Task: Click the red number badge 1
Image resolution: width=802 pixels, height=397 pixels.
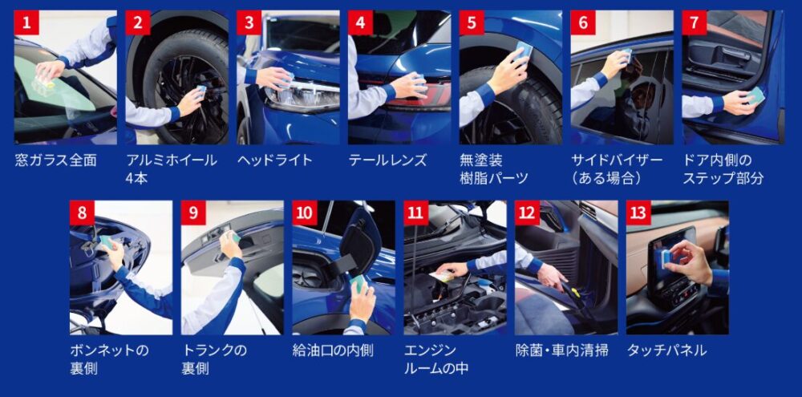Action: (x=26, y=22)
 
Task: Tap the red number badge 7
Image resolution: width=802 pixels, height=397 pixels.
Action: (x=695, y=22)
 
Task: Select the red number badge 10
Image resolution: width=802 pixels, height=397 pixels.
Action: (x=305, y=213)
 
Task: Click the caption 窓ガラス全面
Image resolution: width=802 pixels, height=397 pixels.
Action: (x=55, y=160)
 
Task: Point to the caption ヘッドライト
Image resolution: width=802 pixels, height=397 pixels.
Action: (x=274, y=160)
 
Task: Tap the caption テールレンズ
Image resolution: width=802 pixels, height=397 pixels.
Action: (x=387, y=160)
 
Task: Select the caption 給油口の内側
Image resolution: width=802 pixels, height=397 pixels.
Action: (x=333, y=350)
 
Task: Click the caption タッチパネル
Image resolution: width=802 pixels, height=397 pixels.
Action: (x=667, y=350)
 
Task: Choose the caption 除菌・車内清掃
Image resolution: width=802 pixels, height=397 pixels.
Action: (x=562, y=350)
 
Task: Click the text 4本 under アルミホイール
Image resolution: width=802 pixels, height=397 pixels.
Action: (x=136, y=179)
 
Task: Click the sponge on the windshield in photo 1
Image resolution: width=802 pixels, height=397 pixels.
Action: (x=44, y=81)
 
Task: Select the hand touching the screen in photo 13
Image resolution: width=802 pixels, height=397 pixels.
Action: (x=690, y=260)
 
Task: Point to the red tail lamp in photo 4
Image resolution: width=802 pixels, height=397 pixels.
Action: (x=419, y=96)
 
